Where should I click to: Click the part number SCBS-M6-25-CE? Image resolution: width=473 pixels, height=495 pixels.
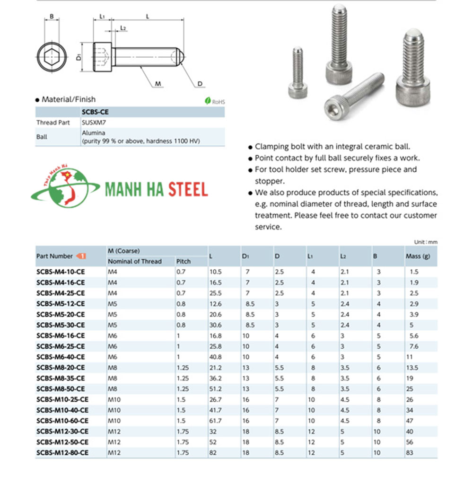pos(61,346)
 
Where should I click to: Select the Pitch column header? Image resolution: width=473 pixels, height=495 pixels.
pos(184,261)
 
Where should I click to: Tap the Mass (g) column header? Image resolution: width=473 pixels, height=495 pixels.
pos(418,256)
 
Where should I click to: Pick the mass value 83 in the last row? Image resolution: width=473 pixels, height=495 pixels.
pos(410,452)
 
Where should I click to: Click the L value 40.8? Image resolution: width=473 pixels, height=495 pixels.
pos(216,357)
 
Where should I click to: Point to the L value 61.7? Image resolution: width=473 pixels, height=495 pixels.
pos(216,421)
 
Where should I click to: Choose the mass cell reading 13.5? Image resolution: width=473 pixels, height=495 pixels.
pos(412,367)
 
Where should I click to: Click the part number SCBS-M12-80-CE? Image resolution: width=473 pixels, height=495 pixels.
pos(62,452)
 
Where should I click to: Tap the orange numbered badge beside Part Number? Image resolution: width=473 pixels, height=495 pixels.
pos(81,256)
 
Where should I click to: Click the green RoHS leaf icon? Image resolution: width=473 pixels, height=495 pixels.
pos(207,101)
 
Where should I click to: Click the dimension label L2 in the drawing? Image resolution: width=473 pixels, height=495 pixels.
pos(123,28)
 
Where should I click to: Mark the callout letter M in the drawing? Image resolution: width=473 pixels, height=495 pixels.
pos(158,84)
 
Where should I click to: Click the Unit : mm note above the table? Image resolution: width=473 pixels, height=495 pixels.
pos(426,242)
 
